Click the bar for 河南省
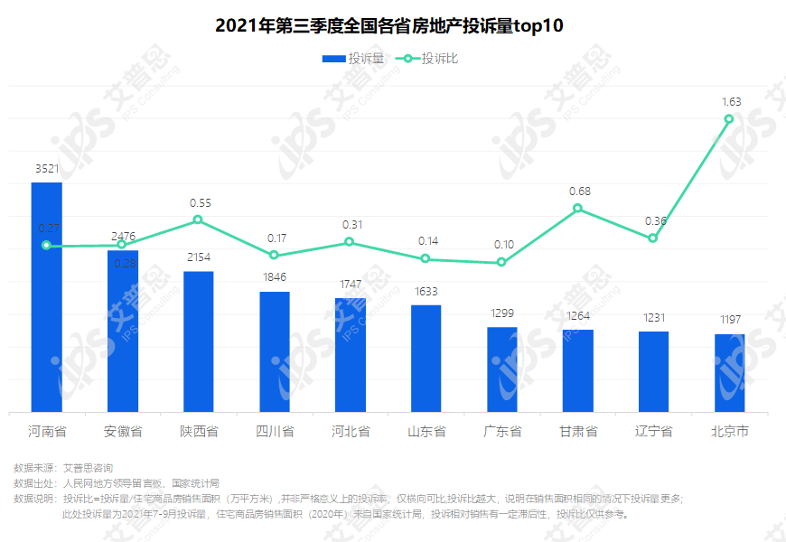point(47,298)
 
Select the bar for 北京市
point(729,373)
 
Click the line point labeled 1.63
point(729,119)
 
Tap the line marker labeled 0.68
point(578,209)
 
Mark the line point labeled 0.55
point(199,220)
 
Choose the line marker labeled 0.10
point(502,263)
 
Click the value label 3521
point(47,169)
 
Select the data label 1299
point(502,313)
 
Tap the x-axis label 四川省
point(275,432)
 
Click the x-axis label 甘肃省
point(578,432)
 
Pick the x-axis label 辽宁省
point(653,432)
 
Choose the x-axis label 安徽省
point(123,432)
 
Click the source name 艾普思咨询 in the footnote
point(88,468)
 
